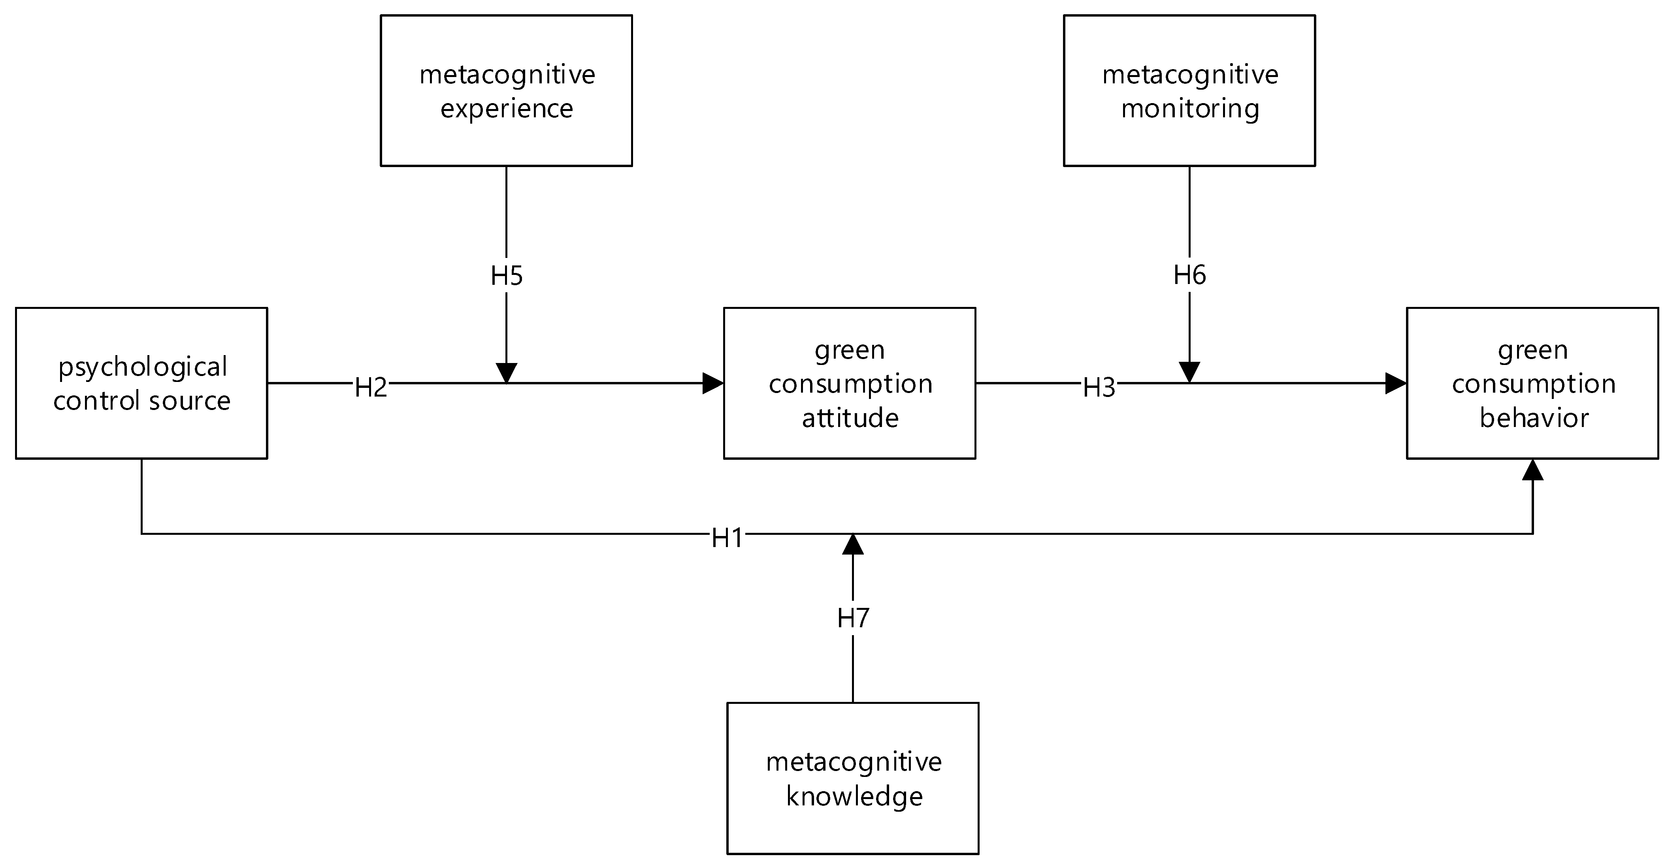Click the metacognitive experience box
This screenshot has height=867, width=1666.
coord(506,90)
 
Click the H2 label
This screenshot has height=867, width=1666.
coord(371,387)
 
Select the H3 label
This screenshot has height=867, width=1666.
coord(1099,387)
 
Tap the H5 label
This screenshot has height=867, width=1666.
coord(506,276)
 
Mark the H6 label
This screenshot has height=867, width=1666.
coord(1189,275)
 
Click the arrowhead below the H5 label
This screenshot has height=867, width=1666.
coord(506,373)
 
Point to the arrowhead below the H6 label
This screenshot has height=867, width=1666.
coord(1189,372)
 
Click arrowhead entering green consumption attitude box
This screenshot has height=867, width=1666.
coord(713,384)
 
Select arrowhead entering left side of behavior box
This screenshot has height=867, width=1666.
coord(1396,384)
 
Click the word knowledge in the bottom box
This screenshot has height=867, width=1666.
coord(854,796)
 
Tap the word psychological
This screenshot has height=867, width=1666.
coord(143,367)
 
